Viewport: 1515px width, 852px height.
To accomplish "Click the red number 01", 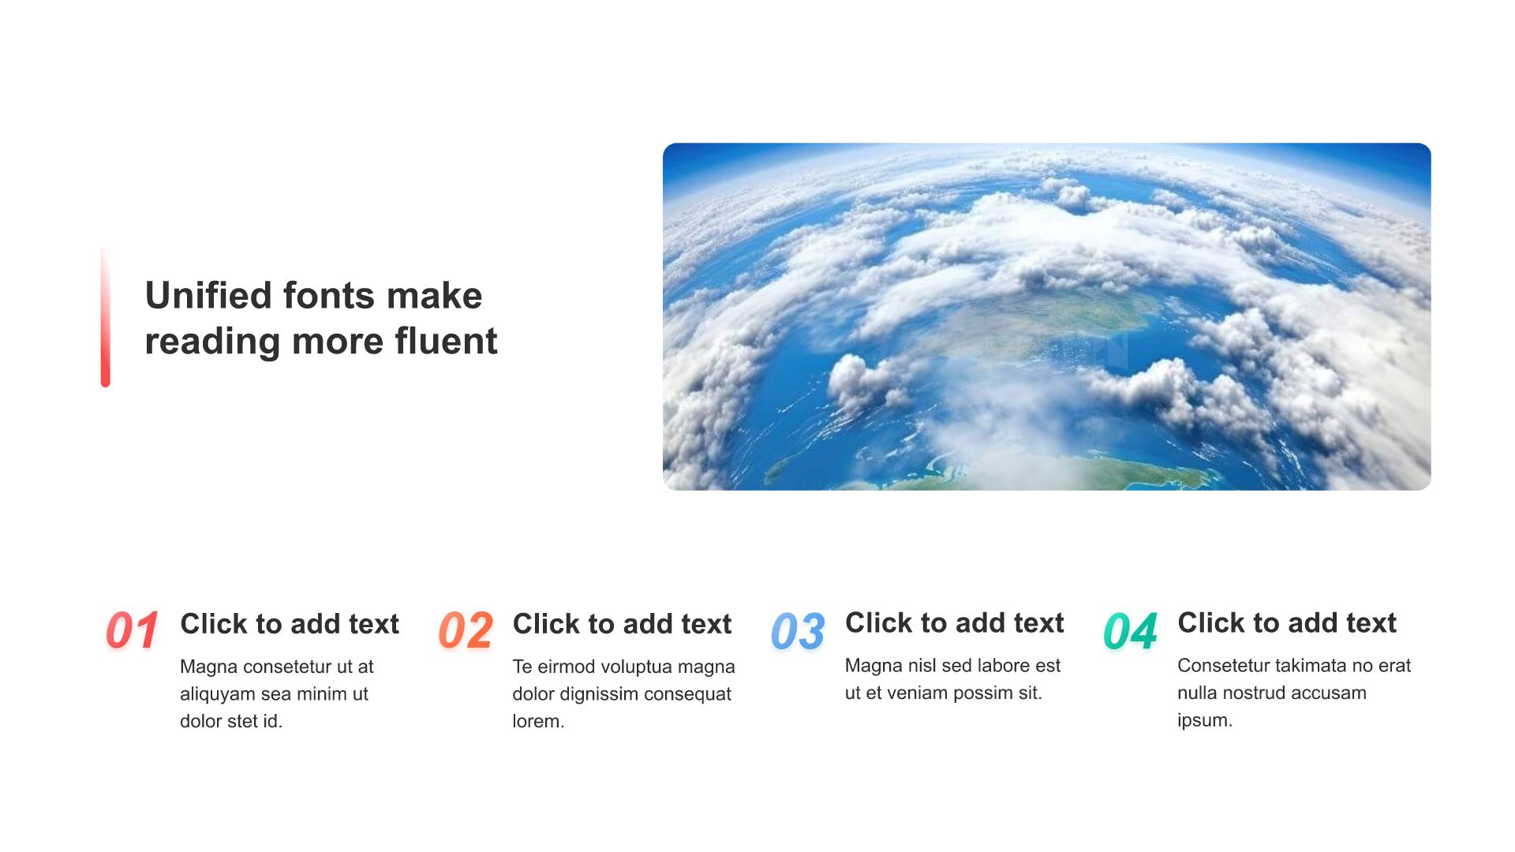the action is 133,630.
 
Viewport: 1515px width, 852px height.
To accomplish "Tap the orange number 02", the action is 466,630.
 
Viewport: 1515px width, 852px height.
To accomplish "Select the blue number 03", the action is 798,631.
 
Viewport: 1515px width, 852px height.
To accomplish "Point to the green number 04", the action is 1131,631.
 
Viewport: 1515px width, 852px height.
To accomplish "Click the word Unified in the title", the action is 208,295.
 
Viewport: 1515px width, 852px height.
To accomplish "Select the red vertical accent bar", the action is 105,317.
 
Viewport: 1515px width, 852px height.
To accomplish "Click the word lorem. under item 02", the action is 538,721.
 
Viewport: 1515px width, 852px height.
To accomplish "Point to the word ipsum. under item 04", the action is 1204,720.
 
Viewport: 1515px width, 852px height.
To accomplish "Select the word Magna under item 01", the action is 208,667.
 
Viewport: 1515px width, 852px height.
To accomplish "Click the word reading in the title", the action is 213,342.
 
